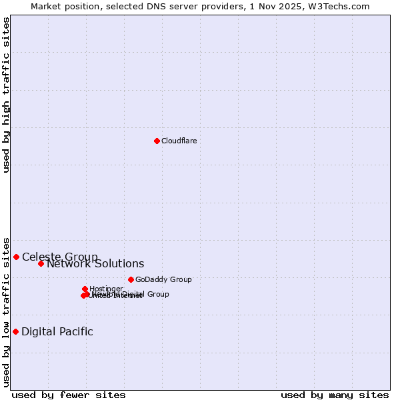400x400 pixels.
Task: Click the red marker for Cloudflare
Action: click(x=157, y=141)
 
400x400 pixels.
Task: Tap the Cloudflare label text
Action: click(x=179, y=141)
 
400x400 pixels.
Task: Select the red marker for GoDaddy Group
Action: click(x=131, y=279)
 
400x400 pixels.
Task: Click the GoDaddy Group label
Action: click(x=163, y=279)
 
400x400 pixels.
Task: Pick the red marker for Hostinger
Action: click(x=85, y=289)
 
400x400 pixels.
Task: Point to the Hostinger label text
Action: click(x=106, y=289)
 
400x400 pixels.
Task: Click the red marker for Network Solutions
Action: click(x=41, y=263)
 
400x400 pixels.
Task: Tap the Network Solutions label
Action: click(x=95, y=263)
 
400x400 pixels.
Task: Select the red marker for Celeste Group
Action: click(x=16, y=257)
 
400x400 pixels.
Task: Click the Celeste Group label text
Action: click(x=60, y=257)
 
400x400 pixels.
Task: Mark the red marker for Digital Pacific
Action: click(x=15, y=331)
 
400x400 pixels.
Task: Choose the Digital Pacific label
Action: click(x=57, y=331)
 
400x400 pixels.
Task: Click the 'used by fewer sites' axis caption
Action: click(x=69, y=395)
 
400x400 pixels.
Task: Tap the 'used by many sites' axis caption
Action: click(x=335, y=395)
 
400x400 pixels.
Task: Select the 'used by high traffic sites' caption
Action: click(x=7, y=94)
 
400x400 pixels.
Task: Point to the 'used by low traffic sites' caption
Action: click(x=7, y=311)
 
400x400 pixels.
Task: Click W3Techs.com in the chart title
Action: click(x=341, y=6)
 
